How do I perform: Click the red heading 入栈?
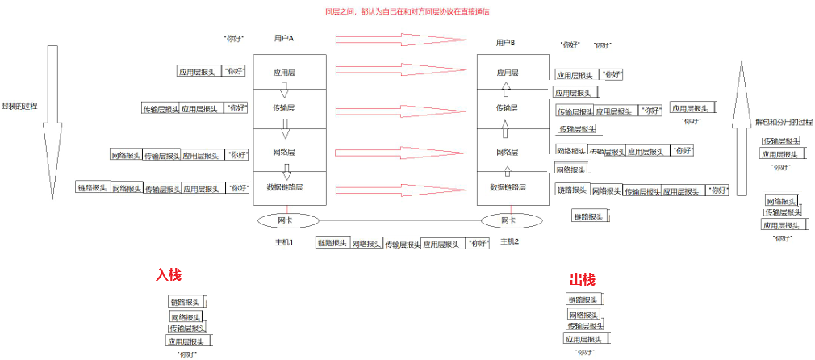click(x=169, y=275)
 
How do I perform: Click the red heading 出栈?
click(x=582, y=280)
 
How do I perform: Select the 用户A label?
click(x=284, y=39)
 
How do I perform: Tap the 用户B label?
click(x=505, y=42)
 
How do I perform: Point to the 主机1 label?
click(x=283, y=241)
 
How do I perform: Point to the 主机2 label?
click(x=509, y=241)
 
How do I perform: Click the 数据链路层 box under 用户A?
click(x=285, y=187)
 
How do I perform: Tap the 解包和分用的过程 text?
click(x=784, y=123)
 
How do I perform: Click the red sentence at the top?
click(x=407, y=12)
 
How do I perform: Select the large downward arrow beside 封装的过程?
click(x=53, y=121)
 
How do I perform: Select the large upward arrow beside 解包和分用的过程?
click(x=739, y=129)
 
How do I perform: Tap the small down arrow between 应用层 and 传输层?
click(x=284, y=89)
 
